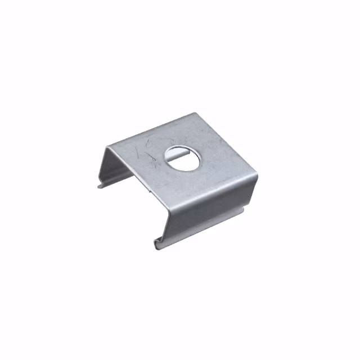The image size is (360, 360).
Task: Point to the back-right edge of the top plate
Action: tap(227, 143)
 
